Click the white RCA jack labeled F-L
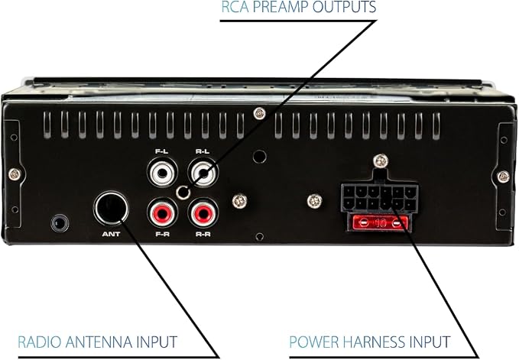pos(163,173)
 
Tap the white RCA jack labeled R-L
pos(203,173)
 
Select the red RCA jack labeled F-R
pos(163,213)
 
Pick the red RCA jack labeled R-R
pos(203,213)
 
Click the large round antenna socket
pos(112,209)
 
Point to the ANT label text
pos(112,234)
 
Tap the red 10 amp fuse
pos(380,223)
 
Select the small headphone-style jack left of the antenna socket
pos(60,223)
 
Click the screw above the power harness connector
pos(381,161)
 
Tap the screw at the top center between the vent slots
pos(260,113)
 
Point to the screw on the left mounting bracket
pos(15,174)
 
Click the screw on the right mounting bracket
pos(504,177)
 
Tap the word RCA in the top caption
pos(235,7)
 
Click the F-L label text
pos(162,151)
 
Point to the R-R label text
pos(203,234)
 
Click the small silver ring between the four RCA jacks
pos(183,193)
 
